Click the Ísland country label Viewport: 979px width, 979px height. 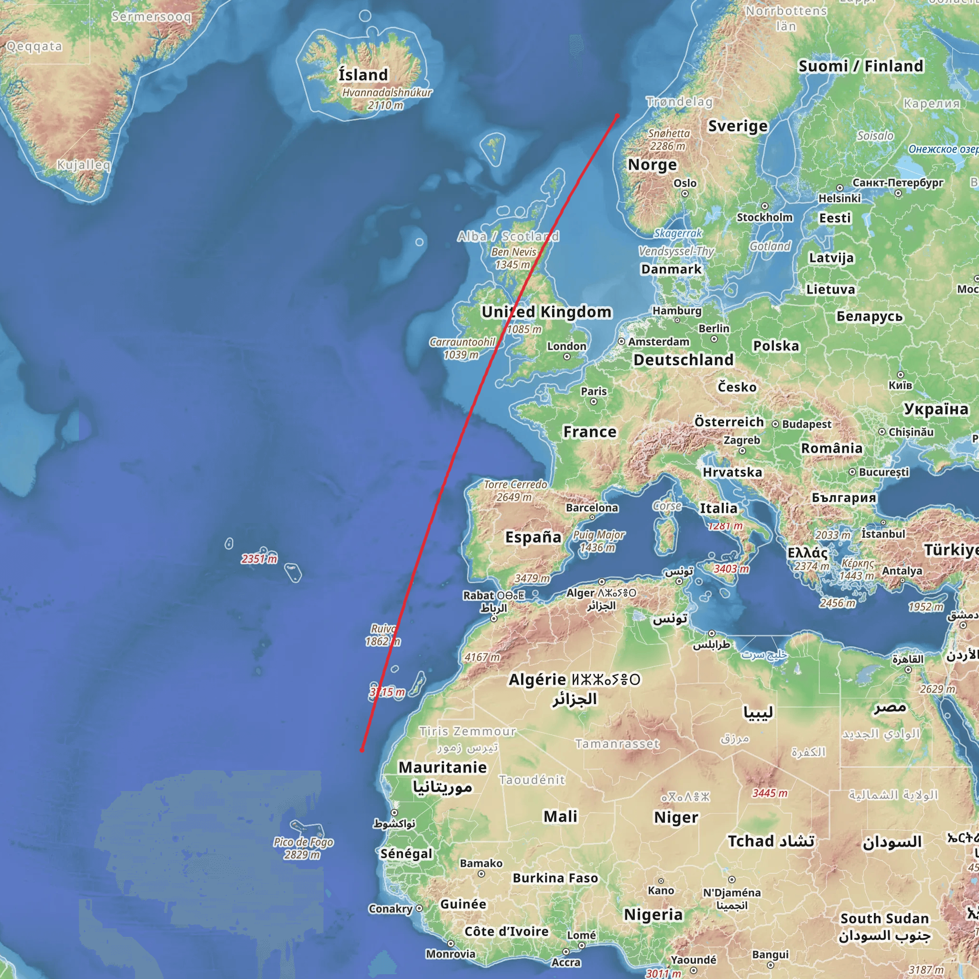coord(363,75)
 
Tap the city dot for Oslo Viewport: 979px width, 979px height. coord(685,194)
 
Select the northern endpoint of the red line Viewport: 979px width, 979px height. coord(617,116)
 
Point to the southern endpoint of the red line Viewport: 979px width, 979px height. coord(362,750)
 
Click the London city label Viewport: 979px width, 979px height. coord(566,346)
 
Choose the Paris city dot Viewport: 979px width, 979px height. coord(593,402)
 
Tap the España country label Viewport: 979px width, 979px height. coord(533,537)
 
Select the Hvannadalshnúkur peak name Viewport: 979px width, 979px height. coord(387,93)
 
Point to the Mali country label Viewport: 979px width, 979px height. coord(560,816)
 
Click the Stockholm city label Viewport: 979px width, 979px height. coord(764,218)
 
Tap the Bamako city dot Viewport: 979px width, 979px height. coord(481,874)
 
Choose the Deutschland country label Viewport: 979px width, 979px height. coord(683,360)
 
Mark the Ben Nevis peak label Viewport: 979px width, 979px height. coord(513,252)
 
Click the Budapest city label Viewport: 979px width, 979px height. coord(807,424)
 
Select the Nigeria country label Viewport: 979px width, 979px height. coord(653,914)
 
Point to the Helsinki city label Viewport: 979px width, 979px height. coord(839,198)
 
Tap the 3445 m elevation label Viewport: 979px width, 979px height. coord(770,793)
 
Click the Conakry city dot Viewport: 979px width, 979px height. coord(419,909)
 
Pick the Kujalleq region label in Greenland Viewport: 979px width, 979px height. coord(84,165)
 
